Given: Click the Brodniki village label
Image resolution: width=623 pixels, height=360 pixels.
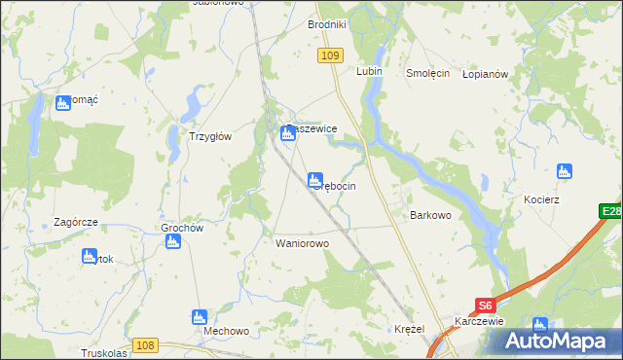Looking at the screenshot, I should (x=327, y=24).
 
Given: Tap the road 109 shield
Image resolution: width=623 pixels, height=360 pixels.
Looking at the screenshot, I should (x=329, y=57).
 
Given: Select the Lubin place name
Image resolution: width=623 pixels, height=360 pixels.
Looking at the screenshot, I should (x=369, y=72).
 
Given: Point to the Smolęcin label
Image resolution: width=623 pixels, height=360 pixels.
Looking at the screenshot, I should (x=426, y=73).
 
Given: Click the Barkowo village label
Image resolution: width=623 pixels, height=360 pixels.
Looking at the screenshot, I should (x=430, y=215).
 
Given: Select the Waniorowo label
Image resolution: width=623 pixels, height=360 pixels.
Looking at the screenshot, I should (x=303, y=243).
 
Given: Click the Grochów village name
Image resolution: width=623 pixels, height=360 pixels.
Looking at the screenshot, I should (x=181, y=229).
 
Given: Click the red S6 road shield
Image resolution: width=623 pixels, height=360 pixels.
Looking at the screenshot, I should (x=487, y=305).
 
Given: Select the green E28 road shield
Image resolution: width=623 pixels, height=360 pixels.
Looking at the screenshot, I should (x=610, y=211).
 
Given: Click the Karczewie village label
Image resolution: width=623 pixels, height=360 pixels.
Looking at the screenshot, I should (x=477, y=321).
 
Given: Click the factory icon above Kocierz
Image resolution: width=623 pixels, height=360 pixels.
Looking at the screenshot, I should (x=563, y=172).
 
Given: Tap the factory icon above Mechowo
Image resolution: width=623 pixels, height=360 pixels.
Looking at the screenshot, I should (x=200, y=316).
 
